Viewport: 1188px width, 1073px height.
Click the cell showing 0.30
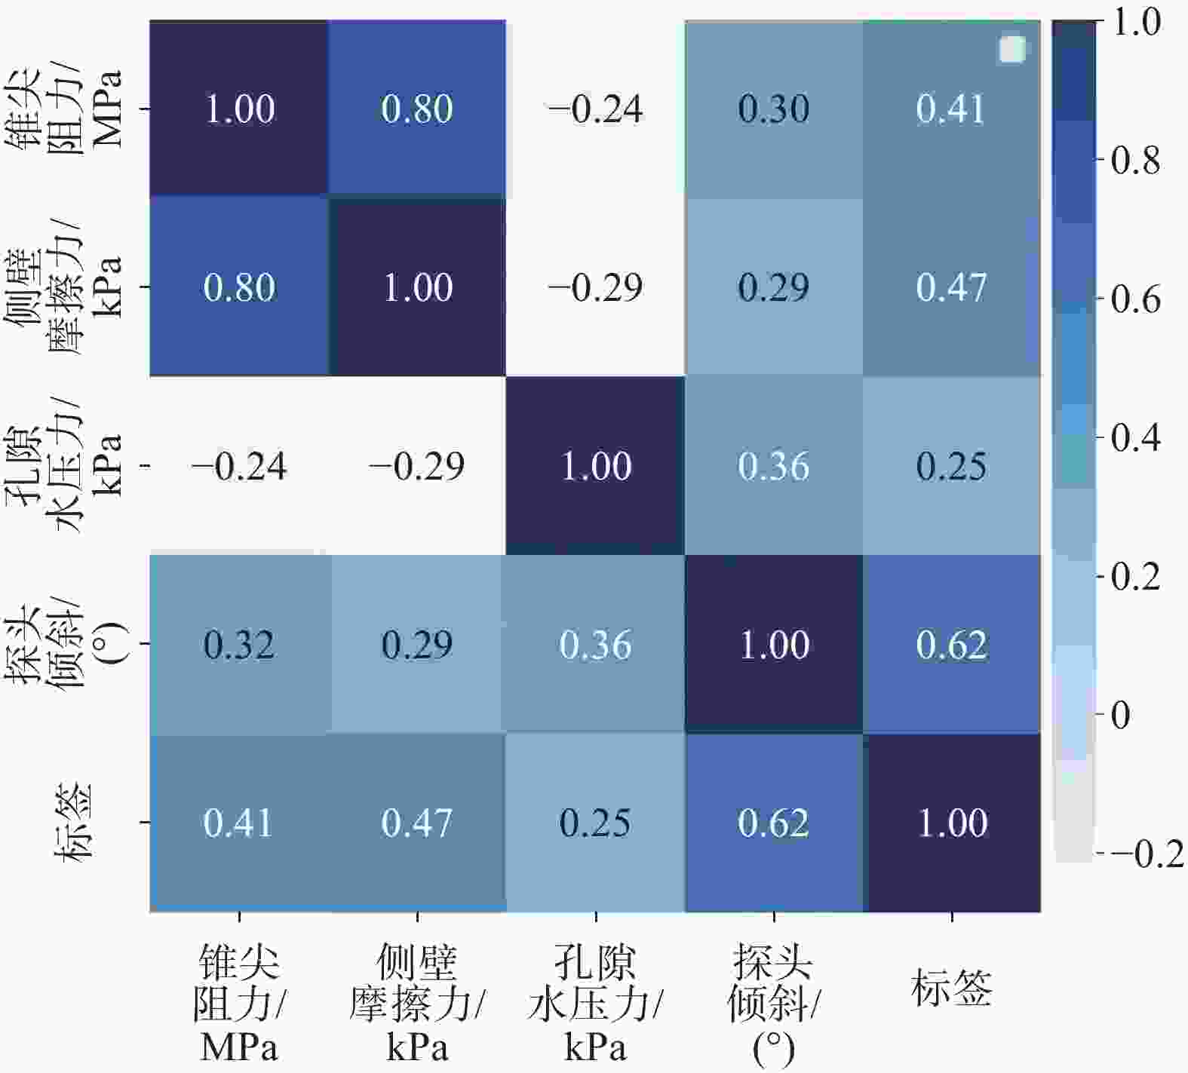tap(774, 109)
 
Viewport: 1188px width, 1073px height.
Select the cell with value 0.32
tap(239, 645)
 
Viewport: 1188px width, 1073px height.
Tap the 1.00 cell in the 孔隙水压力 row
tap(596, 466)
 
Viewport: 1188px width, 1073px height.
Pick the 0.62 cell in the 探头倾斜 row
tap(952, 645)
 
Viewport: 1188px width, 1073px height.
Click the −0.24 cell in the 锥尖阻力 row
tap(596, 109)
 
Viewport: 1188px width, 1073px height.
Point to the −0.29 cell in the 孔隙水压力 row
tap(417, 466)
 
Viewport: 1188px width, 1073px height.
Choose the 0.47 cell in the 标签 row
tap(417, 823)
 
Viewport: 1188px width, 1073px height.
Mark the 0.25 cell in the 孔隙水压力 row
tap(952, 466)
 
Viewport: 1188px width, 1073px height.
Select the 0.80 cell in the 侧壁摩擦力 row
tap(239, 287)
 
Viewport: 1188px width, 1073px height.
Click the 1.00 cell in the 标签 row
tap(952, 823)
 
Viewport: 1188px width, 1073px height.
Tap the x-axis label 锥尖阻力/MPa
tap(239, 1004)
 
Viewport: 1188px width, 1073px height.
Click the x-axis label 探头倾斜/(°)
tap(774, 1004)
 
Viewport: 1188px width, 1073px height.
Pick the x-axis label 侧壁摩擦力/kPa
tap(417, 1004)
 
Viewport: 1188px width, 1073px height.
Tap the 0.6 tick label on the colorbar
tap(1136, 299)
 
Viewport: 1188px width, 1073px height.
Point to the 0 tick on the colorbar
tap(1122, 715)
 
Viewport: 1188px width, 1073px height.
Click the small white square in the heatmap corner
tap(1012, 50)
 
